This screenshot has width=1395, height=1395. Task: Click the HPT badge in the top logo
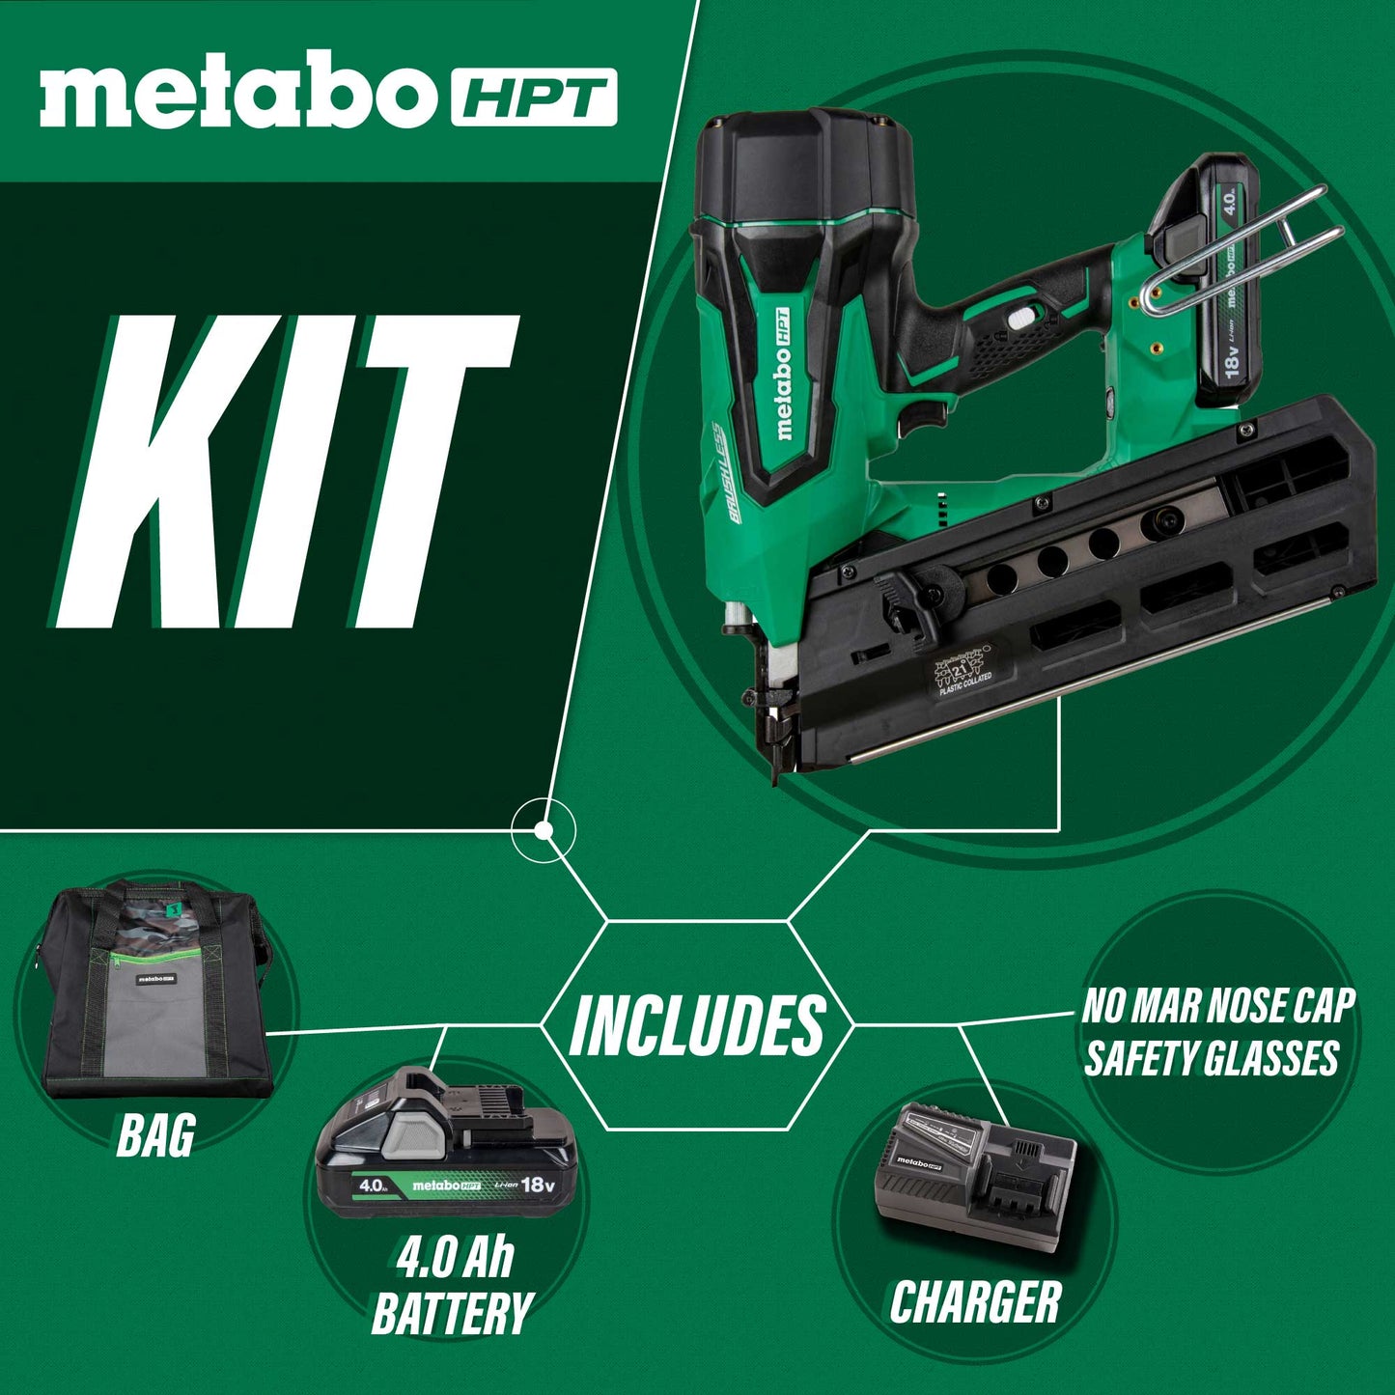point(534,98)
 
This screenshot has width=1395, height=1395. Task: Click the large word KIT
point(290,473)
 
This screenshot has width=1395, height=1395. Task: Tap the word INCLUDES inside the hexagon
point(697,1025)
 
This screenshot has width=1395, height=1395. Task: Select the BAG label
point(155,1135)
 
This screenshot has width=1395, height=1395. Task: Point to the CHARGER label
point(975,1302)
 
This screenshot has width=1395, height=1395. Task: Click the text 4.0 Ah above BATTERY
point(455,1258)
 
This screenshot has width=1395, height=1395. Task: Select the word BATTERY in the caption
point(452,1314)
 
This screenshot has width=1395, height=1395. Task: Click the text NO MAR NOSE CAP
point(1218,1007)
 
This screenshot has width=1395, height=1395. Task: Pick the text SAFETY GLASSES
point(1212,1058)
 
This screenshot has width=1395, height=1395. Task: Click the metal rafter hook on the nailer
point(1245,251)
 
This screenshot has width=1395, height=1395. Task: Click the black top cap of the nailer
point(801,164)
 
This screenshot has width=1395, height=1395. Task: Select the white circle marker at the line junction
point(544,830)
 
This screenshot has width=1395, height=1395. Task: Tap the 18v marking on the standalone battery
point(537,1184)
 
